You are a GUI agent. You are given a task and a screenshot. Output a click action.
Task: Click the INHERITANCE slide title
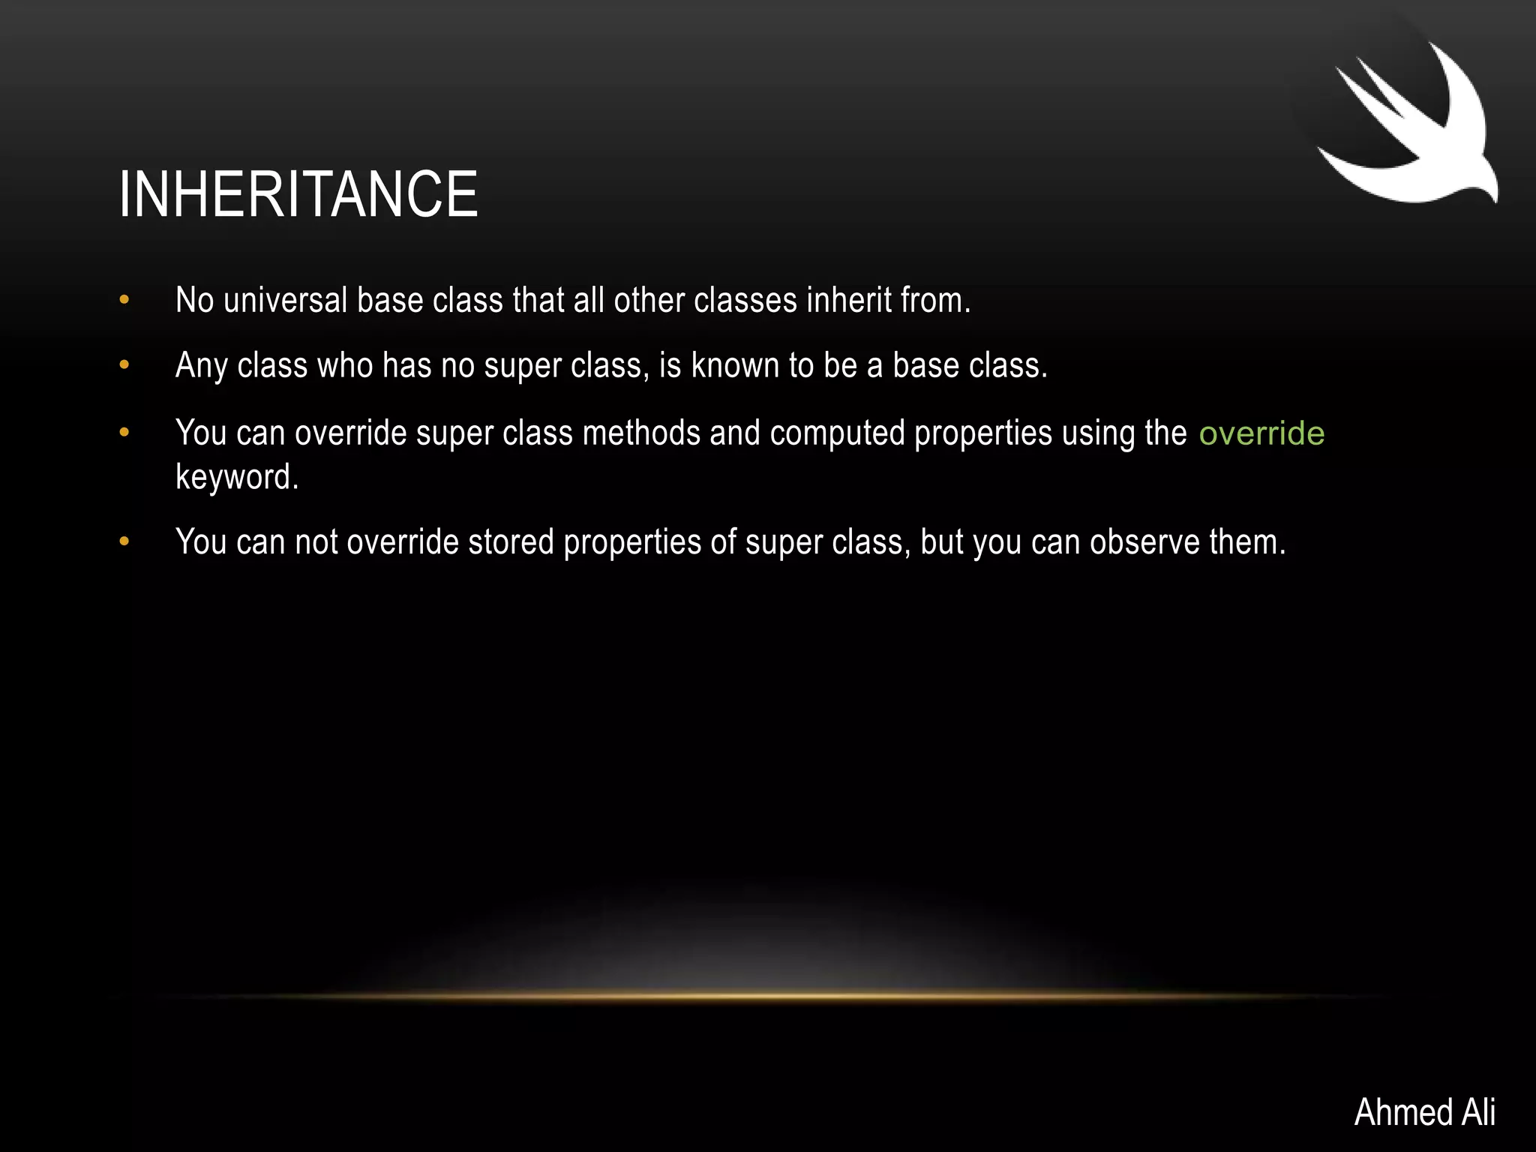[x=298, y=194]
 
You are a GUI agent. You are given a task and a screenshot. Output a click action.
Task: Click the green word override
[x=1261, y=433]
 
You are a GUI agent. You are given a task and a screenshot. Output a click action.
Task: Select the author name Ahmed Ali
[x=1424, y=1111]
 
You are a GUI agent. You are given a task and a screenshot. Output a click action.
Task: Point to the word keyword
[x=237, y=477]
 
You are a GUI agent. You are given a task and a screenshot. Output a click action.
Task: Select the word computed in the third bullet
[x=837, y=433]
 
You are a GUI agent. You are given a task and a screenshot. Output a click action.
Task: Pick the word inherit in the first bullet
[x=848, y=301]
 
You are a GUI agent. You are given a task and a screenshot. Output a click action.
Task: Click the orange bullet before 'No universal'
[x=124, y=301]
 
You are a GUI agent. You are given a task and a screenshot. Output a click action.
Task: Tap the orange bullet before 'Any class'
[x=124, y=366]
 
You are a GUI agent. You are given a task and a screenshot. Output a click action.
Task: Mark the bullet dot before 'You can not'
[x=124, y=541]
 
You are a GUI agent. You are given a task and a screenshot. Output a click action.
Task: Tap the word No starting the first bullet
[x=194, y=301]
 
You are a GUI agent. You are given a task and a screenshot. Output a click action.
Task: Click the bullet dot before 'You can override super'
[x=124, y=433]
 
